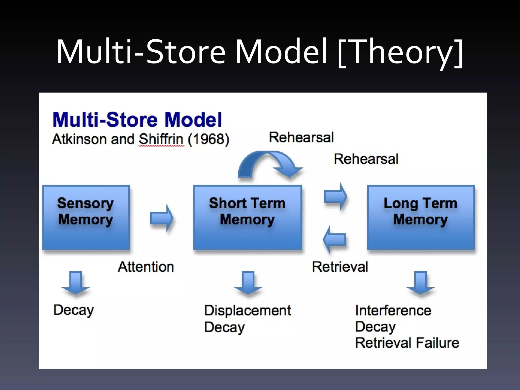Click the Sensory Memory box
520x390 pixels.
click(86, 217)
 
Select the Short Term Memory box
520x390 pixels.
click(248, 217)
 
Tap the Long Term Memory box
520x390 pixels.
click(421, 217)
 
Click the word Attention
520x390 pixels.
click(146, 267)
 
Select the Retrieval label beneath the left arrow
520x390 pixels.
click(340, 267)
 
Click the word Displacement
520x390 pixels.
click(248, 311)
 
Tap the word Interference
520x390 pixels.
click(393, 311)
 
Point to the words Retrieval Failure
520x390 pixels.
click(407, 343)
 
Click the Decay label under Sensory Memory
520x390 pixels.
click(74, 310)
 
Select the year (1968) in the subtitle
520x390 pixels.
click(209, 139)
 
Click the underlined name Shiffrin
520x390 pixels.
click(161, 139)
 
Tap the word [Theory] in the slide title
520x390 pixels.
click(400, 52)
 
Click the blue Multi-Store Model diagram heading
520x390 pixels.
click(137, 119)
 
